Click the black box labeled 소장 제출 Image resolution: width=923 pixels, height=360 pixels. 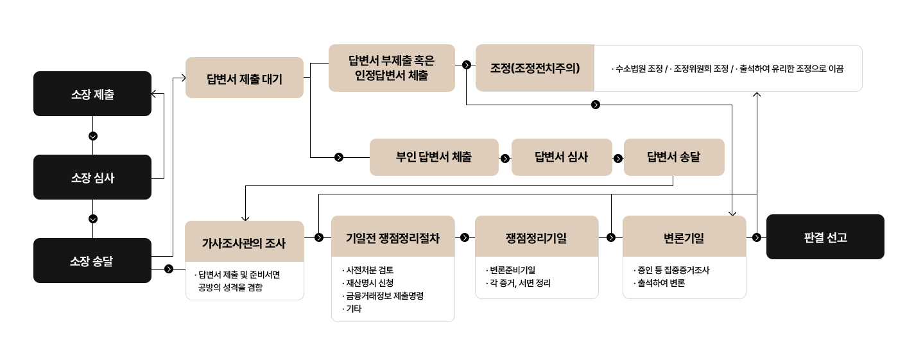(x=92, y=94)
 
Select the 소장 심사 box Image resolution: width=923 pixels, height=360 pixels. (x=92, y=177)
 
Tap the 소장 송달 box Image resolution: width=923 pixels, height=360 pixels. (x=92, y=261)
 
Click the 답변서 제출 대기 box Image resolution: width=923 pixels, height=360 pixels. (x=244, y=78)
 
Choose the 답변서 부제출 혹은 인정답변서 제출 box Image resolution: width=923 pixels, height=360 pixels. (x=392, y=68)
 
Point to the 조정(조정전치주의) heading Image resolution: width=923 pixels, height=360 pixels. (x=535, y=68)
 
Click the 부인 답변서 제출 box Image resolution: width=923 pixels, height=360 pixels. (x=434, y=157)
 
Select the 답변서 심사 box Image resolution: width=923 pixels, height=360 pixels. (x=562, y=157)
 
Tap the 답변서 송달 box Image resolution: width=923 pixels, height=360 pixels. (x=674, y=157)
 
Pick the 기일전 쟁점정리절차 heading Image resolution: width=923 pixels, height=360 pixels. (x=393, y=237)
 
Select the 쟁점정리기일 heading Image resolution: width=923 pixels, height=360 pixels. (x=537, y=237)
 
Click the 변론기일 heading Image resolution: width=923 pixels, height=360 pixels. (x=684, y=237)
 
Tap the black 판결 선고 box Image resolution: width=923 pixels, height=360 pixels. (x=825, y=237)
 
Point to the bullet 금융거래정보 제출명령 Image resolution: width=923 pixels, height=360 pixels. (x=384, y=296)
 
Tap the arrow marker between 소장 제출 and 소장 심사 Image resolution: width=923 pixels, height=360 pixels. (x=93, y=135)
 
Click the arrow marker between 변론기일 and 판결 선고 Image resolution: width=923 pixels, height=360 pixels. (x=757, y=237)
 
